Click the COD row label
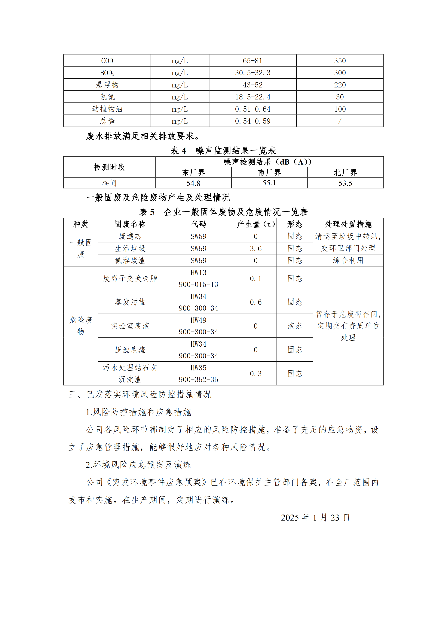107,61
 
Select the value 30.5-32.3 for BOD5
253,73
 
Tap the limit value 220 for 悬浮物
340,85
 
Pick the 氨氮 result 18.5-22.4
253,97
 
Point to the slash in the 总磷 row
340,121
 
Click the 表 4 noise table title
223,150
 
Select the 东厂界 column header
193,173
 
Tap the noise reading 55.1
269,183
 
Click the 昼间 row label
109,183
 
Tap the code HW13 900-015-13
198,278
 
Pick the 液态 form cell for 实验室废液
295,326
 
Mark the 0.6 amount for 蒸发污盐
256,302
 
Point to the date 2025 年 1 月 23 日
315,518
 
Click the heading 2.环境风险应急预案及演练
138,465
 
